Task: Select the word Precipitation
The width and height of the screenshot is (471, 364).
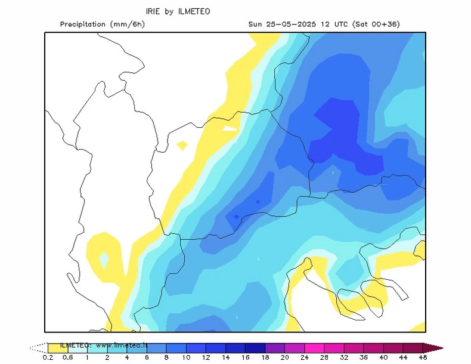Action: [84, 24]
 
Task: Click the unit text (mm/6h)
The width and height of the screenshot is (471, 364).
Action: [128, 24]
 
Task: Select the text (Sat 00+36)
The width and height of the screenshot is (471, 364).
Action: [376, 24]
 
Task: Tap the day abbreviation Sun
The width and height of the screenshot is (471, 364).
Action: [256, 24]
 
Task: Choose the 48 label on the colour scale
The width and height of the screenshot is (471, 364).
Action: [423, 357]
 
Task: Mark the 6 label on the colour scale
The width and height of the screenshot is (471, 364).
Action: [147, 357]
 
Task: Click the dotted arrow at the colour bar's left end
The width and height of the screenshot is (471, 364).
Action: [38, 347]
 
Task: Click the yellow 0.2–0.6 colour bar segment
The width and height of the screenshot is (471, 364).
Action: [57, 347]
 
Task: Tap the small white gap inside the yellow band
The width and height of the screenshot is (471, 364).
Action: [230, 127]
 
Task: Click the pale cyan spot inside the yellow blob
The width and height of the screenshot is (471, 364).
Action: [104, 260]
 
